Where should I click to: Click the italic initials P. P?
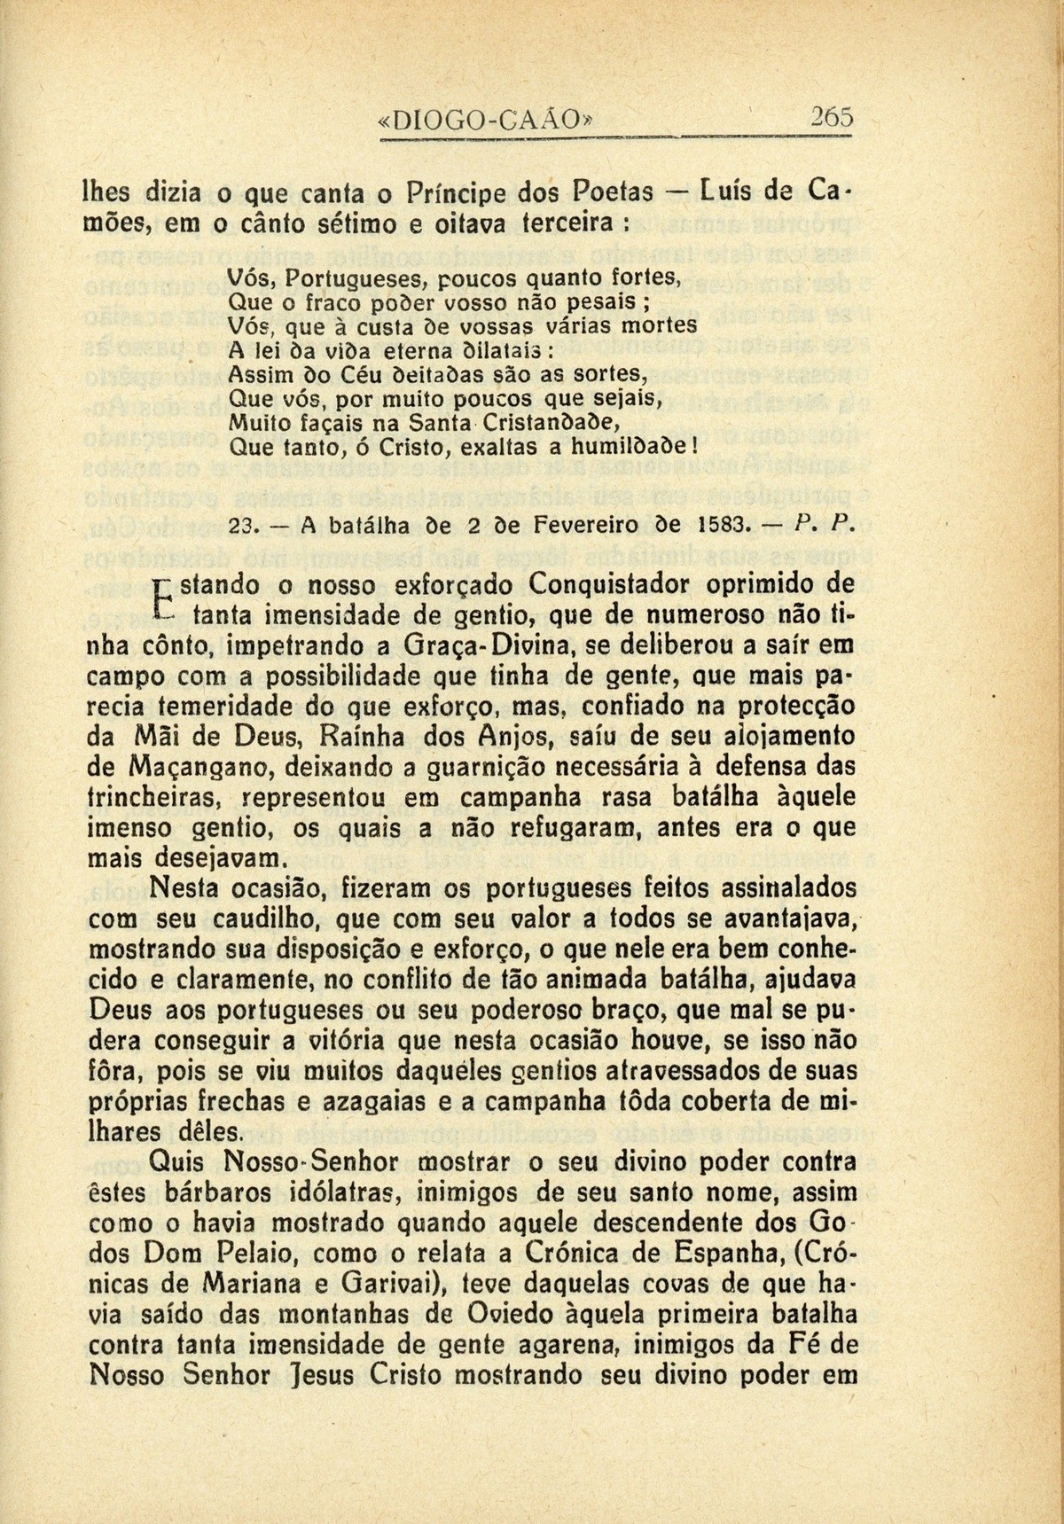(x=820, y=526)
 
